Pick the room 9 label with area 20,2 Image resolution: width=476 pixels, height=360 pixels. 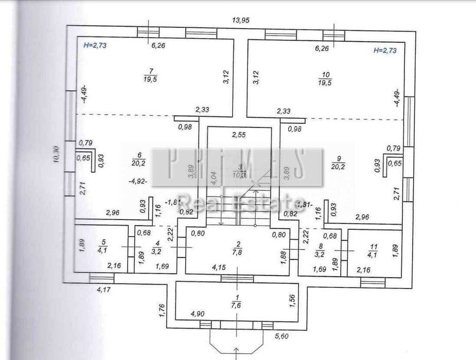(x=339, y=159)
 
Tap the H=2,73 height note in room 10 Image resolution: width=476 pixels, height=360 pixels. (x=384, y=50)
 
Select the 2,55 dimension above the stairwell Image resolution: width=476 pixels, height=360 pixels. (x=238, y=135)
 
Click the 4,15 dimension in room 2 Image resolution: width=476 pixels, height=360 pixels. (x=221, y=267)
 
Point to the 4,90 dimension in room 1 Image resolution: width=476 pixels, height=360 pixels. (x=198, y=314)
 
